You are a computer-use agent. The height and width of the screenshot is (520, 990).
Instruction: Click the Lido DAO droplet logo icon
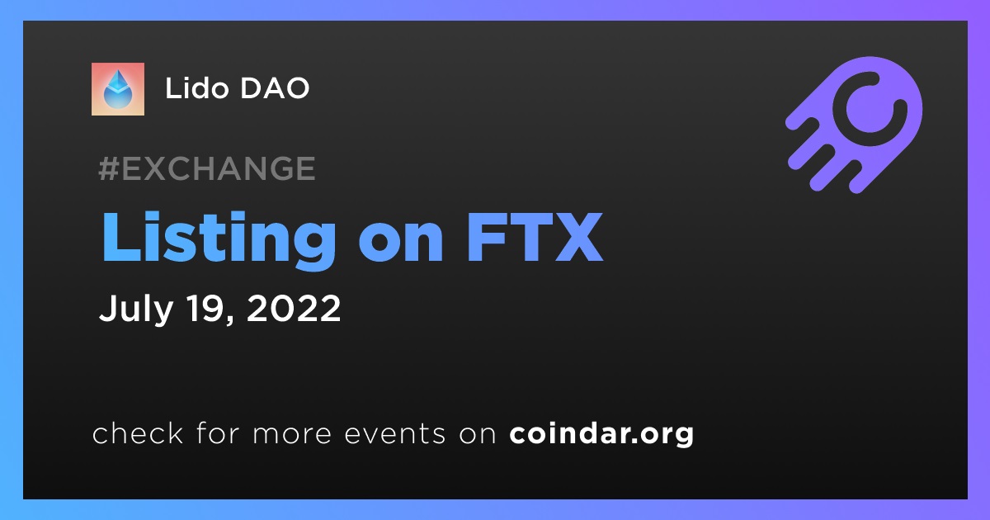tap(117, 89)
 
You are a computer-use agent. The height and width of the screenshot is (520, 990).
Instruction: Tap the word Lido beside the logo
tap(197, 88)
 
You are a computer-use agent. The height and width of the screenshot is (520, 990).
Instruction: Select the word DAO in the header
tap(275, 88)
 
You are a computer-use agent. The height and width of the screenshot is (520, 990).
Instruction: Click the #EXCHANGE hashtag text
tap(207, 168)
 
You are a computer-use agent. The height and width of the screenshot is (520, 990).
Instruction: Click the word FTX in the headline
tap(535, 238)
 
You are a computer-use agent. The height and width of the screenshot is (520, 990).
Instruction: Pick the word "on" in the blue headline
tap(400, 244)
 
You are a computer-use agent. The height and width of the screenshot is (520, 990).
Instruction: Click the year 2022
tap(294, 308)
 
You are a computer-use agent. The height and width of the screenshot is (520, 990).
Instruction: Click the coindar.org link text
tap(601, 434)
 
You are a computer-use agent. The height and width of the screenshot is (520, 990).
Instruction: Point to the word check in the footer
tap(138, 433)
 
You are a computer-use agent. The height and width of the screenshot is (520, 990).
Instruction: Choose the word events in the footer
tap(395, 433)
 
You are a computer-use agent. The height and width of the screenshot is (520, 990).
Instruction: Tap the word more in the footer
tap(292, 434)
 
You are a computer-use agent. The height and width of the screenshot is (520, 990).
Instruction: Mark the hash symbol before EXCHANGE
tap(109, 168)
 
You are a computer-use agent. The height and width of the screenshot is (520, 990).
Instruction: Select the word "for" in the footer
tap(218, 433)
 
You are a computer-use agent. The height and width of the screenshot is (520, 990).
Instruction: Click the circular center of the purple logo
tap(870, 109)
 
